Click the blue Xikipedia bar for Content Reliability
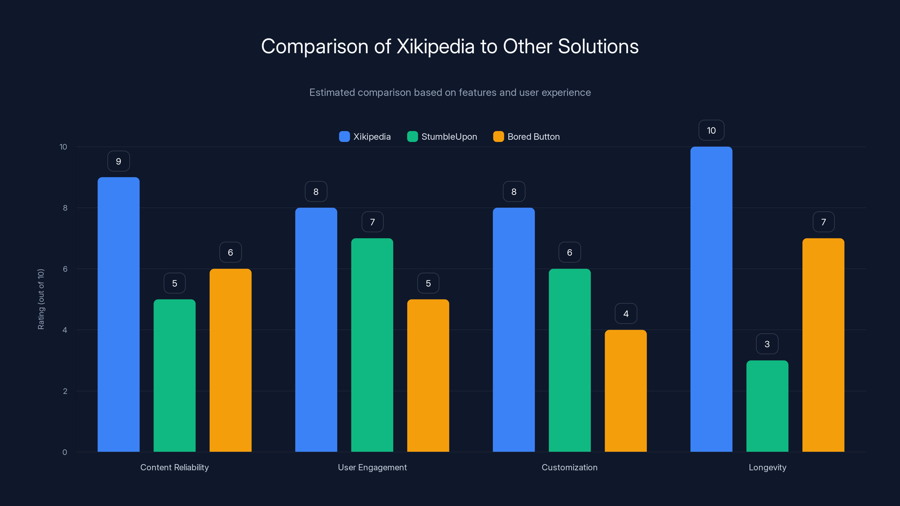pos(118,314)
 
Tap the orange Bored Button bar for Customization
pos(625,391)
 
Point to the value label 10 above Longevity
pos(711,130)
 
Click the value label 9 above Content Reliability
pos(118,161)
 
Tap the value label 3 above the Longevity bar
pos(767,344)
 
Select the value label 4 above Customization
pos(626,314)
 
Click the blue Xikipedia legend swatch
pos(344,137)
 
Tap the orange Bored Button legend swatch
pos(498,137)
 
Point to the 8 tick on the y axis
pos(65,208)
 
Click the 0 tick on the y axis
pos(65,452)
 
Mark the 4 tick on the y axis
pos(65,330)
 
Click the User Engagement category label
pos(372,467)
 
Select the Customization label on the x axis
pos(570,467)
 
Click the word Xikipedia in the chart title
pos(435,46)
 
